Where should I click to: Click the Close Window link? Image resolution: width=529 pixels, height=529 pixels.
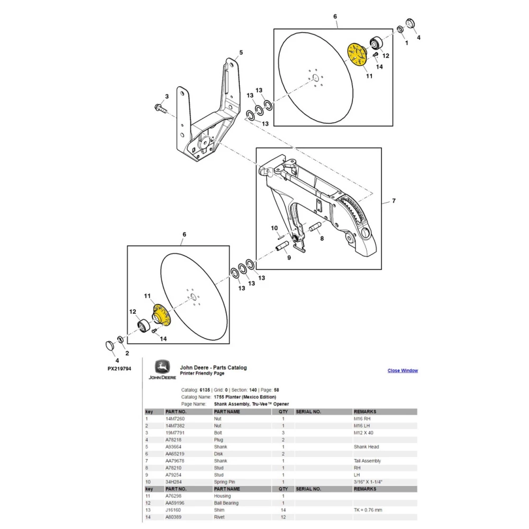point(403,370)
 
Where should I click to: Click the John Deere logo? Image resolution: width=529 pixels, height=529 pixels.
point(162,370)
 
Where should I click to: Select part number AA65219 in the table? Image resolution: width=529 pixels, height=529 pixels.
point(176,454)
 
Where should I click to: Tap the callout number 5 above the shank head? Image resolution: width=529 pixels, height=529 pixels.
point(241,52)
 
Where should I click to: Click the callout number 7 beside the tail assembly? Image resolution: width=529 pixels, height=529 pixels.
point(393,201)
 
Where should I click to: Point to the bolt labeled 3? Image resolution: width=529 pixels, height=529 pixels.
point(159,108)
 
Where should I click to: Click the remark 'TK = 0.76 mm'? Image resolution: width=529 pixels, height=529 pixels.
point(371,510)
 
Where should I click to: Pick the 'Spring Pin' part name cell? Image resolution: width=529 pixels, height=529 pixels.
point(226,482)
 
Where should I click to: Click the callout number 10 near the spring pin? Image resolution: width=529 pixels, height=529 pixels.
point(274,228)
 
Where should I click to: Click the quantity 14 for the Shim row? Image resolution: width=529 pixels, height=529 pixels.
point(283,510)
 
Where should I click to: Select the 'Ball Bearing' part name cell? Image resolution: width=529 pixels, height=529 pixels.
point(226,503)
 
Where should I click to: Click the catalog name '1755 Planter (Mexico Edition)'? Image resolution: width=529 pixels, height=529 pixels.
point(244,397)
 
